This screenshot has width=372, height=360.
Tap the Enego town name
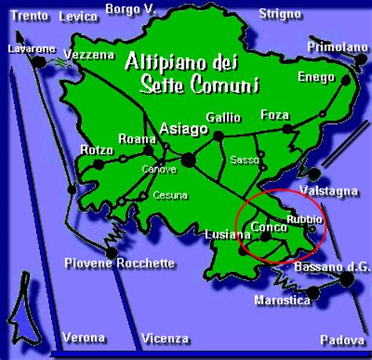tap(315, 76)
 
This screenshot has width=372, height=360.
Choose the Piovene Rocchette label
tap(119, 263)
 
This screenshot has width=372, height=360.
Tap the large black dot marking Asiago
tap(188, 159)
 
